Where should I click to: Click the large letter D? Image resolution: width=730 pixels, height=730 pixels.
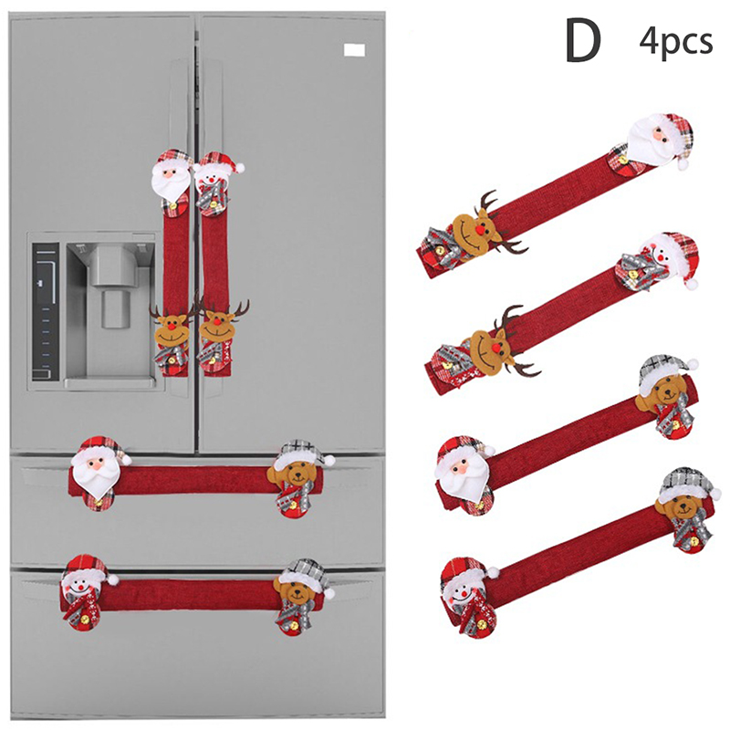(x=583, y=41)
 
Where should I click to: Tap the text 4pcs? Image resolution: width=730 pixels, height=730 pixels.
(x=675, y=42)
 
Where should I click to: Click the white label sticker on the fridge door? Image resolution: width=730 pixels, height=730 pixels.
(x=354, y=50)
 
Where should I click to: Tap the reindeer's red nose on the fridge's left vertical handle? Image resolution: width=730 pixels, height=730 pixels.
(x=171, y=328)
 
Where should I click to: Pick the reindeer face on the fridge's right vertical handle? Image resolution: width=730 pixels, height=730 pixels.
(x=217, y=326)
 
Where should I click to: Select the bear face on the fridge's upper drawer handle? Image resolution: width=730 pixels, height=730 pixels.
(x=293, y=474)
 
